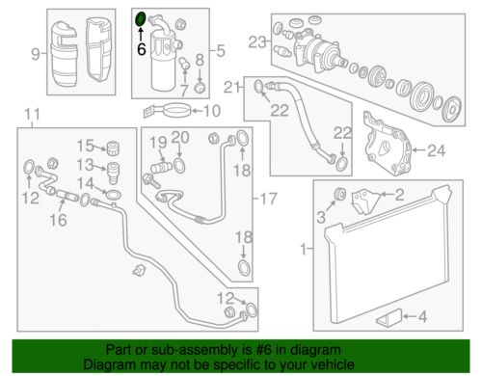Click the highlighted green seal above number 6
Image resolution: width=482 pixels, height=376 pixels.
tap(141, 19)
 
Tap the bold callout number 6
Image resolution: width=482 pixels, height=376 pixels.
tap(142, 49)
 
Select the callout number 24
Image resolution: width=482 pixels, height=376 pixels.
tap(436, 150)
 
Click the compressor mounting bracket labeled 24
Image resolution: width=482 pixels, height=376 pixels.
tap(388, 144)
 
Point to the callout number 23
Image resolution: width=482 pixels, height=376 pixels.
tap(257, 42)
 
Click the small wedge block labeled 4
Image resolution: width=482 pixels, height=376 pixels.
tap(389, 317)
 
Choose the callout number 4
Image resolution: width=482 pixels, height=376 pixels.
tap(422, 316)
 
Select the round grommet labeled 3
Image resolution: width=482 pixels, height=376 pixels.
tap(340, 194)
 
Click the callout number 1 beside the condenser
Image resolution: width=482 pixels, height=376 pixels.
tap(304, 249)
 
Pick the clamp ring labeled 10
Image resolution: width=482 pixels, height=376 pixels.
tap(168, 111)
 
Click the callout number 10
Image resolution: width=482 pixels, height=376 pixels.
tap(212, 111)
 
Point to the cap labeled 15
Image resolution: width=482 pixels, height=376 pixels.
tap(113, 148)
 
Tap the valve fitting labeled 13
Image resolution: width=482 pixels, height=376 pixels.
tap(113, 173)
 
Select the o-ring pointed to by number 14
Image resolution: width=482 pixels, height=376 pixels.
tap(114, 194)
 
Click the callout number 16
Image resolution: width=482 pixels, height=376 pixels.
tap(58, 220)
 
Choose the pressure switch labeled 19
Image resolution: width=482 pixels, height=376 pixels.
tap(162, 168)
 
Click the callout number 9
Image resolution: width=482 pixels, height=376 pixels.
tap(36, 54)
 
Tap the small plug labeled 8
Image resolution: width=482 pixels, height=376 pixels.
tap(200, 87)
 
